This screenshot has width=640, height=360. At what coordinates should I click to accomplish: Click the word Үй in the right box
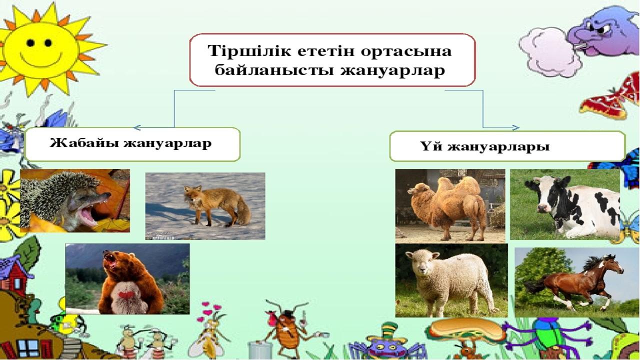pyautogui.click(x=431, y=147)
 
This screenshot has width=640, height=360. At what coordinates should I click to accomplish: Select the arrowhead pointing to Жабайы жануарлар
pyautogui.click(x=137, y=127)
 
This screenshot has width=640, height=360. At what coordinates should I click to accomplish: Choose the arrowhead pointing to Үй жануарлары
pyautogui.click(x=515, y=127)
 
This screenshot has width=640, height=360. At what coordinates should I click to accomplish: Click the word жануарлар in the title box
pyautogui.click(x=392, y=70)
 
